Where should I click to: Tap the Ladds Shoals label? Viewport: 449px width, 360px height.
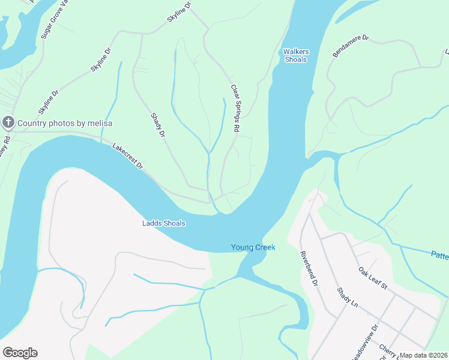pyautogui.click(x=164, y=223)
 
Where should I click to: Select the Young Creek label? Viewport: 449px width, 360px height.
pyautogui.click(x=253, y=247)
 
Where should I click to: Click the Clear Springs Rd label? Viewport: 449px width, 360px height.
pyautogui.click(x=236, y=109)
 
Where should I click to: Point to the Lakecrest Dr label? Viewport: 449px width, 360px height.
pyautogui.click(x=128, y=155)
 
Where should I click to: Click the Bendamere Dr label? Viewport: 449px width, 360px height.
pyautogui.click(x=351, y=46)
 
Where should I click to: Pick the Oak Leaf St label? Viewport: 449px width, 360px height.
pyautogui.click(x=372, y=278)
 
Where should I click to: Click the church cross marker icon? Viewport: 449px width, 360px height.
pyautogui.click(x=8, y=123)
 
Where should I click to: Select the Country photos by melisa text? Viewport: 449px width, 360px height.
pyautogui.click(x=65, y=124)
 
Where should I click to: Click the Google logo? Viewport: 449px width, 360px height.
pyautogui.click(x=20, y=353)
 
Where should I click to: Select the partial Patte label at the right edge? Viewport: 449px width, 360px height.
pyautogui.click(x=439, y=256)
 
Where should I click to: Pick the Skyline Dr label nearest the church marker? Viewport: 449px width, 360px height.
pyautogui.click(x=49, y=103)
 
